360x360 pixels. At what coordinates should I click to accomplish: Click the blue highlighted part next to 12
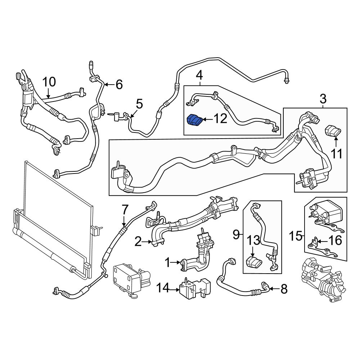coord(194,121)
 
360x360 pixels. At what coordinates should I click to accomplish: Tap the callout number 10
coord(49,82)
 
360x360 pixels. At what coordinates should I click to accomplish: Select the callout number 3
coord(323,99)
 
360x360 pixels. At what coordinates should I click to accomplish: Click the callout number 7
coord(124,210)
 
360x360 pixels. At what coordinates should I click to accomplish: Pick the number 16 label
coord(335,240)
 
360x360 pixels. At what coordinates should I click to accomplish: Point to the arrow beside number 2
coord(147,242)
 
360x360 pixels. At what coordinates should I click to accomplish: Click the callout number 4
coord(199,75)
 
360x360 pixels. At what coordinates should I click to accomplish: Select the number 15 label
coord(296,236)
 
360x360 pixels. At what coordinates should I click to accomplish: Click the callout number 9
coord(236,235)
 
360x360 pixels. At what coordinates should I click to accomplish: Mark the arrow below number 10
coord(48,93)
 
